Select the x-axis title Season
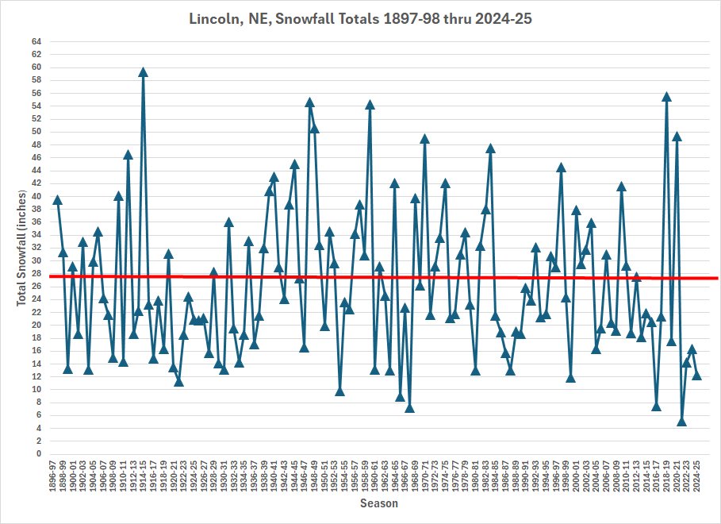pyautogui.click(x=379, y=503)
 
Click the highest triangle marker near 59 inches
pyautogui.click(x=143, y=72)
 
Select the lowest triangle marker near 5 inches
pyautogui.click(x=681, y=422)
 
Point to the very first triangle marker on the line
pyautogui.click(x=57, y=200)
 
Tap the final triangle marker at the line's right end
pyautogui.click(x=696, y=376)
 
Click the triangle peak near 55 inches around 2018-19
pyautogui.click(x=666, y=97)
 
